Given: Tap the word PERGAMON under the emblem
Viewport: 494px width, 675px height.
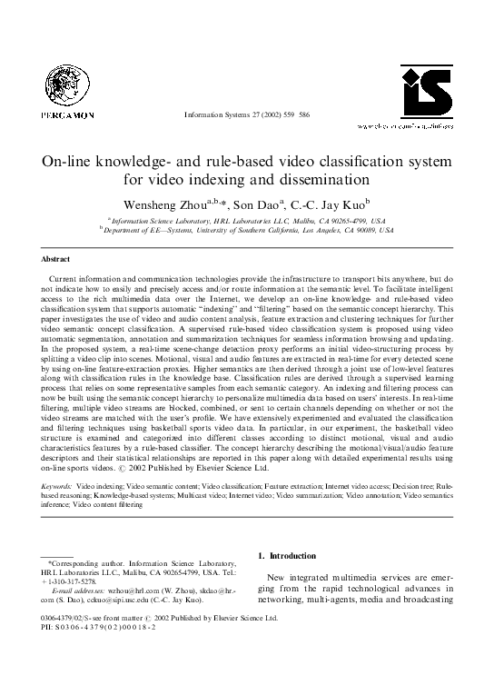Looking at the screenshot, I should pos(62,115).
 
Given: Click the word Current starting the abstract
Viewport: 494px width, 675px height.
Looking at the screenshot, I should pos(71,275).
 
